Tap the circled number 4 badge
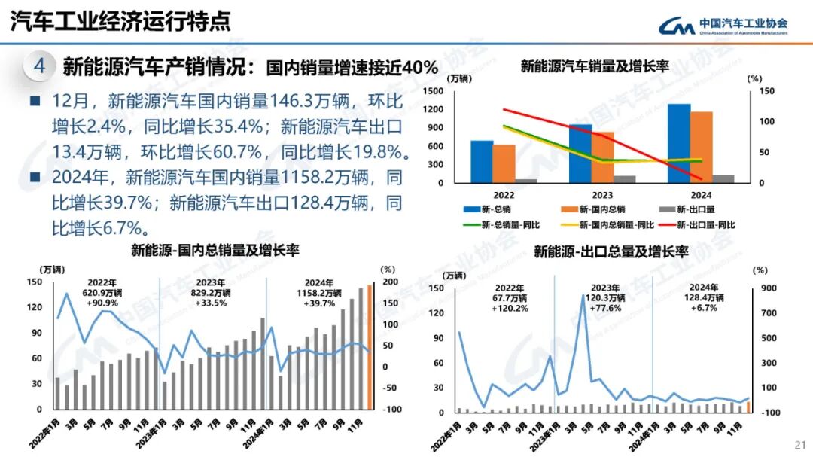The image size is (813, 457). (x=40, y=66)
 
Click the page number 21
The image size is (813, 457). (x=799, y=443)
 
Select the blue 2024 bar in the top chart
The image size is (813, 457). (x=679, y=143)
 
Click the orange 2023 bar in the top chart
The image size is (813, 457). (x=602, y=157)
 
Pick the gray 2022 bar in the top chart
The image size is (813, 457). (x=526, y=181)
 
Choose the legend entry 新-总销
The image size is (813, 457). (x=492, y=209)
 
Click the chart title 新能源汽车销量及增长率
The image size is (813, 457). (x=594, y=66)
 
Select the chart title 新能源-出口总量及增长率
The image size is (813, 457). (x=611, y=251)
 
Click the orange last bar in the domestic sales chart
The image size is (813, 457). (x=370, y=346)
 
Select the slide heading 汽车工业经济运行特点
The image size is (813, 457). (x=120, y=22)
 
